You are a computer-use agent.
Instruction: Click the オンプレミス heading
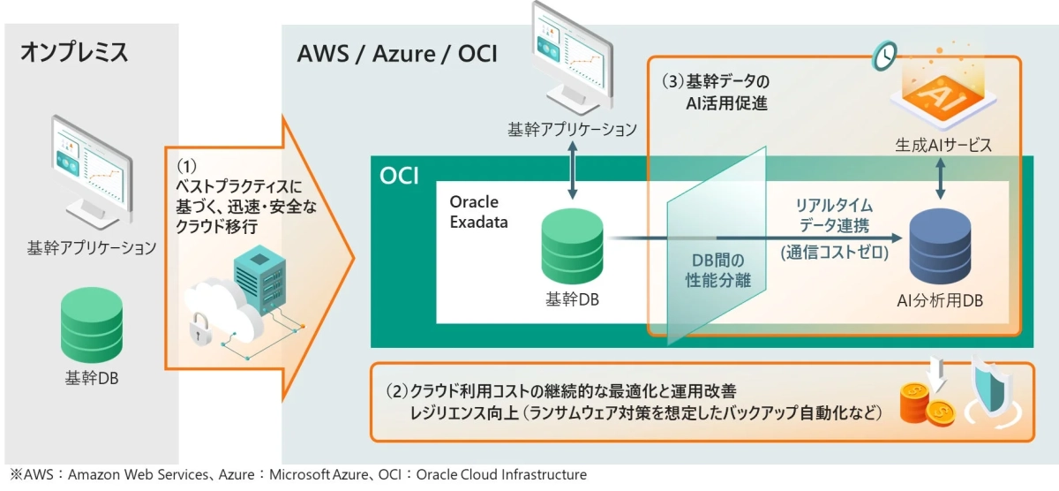pyautogui.click(x=74, y=52)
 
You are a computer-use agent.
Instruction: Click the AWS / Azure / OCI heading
pyautogui.click(x=397, y=54)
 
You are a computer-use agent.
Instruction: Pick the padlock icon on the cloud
pyautogui.click(x=197, y=327)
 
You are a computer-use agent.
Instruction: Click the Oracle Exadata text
pyautogui.click(x=479, y=212)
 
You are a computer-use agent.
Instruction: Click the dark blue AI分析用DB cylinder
pyautogui.click(x=939, y=246)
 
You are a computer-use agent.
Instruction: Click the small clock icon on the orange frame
pyautogui.click(x=882, y=56)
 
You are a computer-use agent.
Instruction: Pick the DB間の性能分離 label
pyautogui.click(x=716, y=270)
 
